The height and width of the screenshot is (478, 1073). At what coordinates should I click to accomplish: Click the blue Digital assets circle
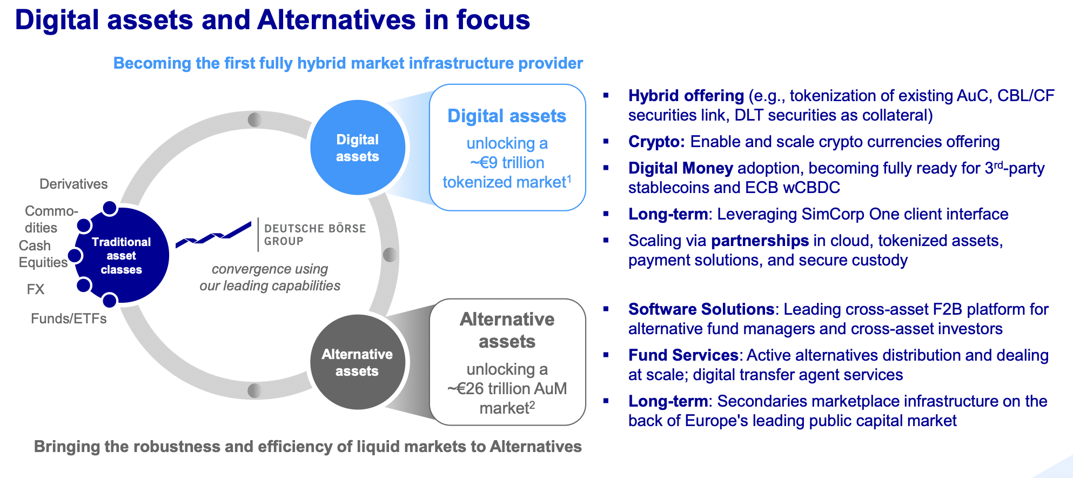pos(358,148)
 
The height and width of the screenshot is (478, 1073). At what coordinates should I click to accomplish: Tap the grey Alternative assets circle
pos(358,362)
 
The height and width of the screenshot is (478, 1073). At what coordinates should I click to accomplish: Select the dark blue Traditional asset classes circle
pos(122,255)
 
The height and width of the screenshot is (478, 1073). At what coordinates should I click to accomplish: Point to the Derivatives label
pos(73,184)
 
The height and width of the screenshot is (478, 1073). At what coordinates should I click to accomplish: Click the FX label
pos(36,289)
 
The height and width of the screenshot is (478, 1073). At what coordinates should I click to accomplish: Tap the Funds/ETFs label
pos(69,318)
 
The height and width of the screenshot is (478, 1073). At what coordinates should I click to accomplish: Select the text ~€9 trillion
pos(507,163)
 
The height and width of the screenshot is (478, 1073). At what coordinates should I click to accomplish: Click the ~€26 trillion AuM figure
pos(507,389)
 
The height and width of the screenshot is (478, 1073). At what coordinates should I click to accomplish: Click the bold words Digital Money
pos(681,168)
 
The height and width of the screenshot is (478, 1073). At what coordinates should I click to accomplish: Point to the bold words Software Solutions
pos(701,309)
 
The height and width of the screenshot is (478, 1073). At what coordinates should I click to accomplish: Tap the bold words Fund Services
pos(683,355)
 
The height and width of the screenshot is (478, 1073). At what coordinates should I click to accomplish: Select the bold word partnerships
pos(760,241)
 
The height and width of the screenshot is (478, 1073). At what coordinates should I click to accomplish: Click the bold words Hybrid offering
pos(686,96)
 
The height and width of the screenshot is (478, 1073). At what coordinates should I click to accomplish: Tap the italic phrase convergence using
pos(270,269)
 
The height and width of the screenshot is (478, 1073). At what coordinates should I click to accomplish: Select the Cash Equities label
pos(43,254)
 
